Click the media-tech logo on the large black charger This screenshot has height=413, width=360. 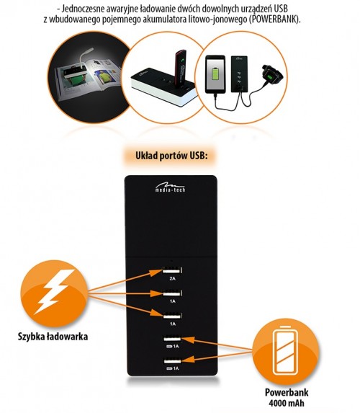[170, 187]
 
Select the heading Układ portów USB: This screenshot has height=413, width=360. [171, 156]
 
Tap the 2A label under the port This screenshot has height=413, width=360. [172, 278]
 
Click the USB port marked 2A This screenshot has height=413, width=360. [172, 270]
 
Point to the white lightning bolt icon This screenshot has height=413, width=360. [55, 291]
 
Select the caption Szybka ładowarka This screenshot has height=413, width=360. [53, 337]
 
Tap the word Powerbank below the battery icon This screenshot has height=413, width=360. [287, 392]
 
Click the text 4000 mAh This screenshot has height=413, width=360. [287, 403]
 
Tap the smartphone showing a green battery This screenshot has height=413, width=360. [215, 74]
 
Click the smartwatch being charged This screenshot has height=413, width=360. [273, 76]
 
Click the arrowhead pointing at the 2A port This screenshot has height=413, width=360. [156, 272]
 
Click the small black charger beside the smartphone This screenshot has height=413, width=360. [239, 74]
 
